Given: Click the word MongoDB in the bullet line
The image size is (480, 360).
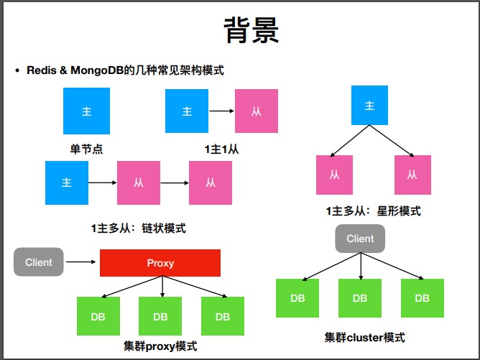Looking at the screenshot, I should click(103, 70).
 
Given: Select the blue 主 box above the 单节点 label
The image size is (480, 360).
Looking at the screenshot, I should click(87, 111).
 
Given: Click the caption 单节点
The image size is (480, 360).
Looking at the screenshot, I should click(86, 149).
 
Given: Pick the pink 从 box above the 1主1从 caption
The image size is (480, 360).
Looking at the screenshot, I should click(257, 111).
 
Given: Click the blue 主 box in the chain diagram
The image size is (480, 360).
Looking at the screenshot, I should click(67, 183).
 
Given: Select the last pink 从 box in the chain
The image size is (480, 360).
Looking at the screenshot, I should click(211, 183).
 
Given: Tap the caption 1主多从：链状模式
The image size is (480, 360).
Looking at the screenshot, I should click(139, 228).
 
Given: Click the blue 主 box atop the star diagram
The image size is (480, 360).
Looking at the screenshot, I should click(370, 106).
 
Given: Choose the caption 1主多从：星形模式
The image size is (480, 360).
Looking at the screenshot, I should click(374, 211).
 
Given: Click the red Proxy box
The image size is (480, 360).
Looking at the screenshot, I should click(160, 263).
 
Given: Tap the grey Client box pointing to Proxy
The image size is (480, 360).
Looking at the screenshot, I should click(39, 262).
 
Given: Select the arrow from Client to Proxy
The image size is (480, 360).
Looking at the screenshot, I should click(82, 263).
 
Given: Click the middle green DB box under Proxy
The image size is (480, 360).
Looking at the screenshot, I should click(160, 317).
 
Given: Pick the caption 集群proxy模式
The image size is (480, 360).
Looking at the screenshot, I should click(161, 346).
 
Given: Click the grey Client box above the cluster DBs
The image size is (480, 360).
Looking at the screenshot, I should click(360, 239).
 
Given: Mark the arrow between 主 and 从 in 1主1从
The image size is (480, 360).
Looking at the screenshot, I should click(220, 111).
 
